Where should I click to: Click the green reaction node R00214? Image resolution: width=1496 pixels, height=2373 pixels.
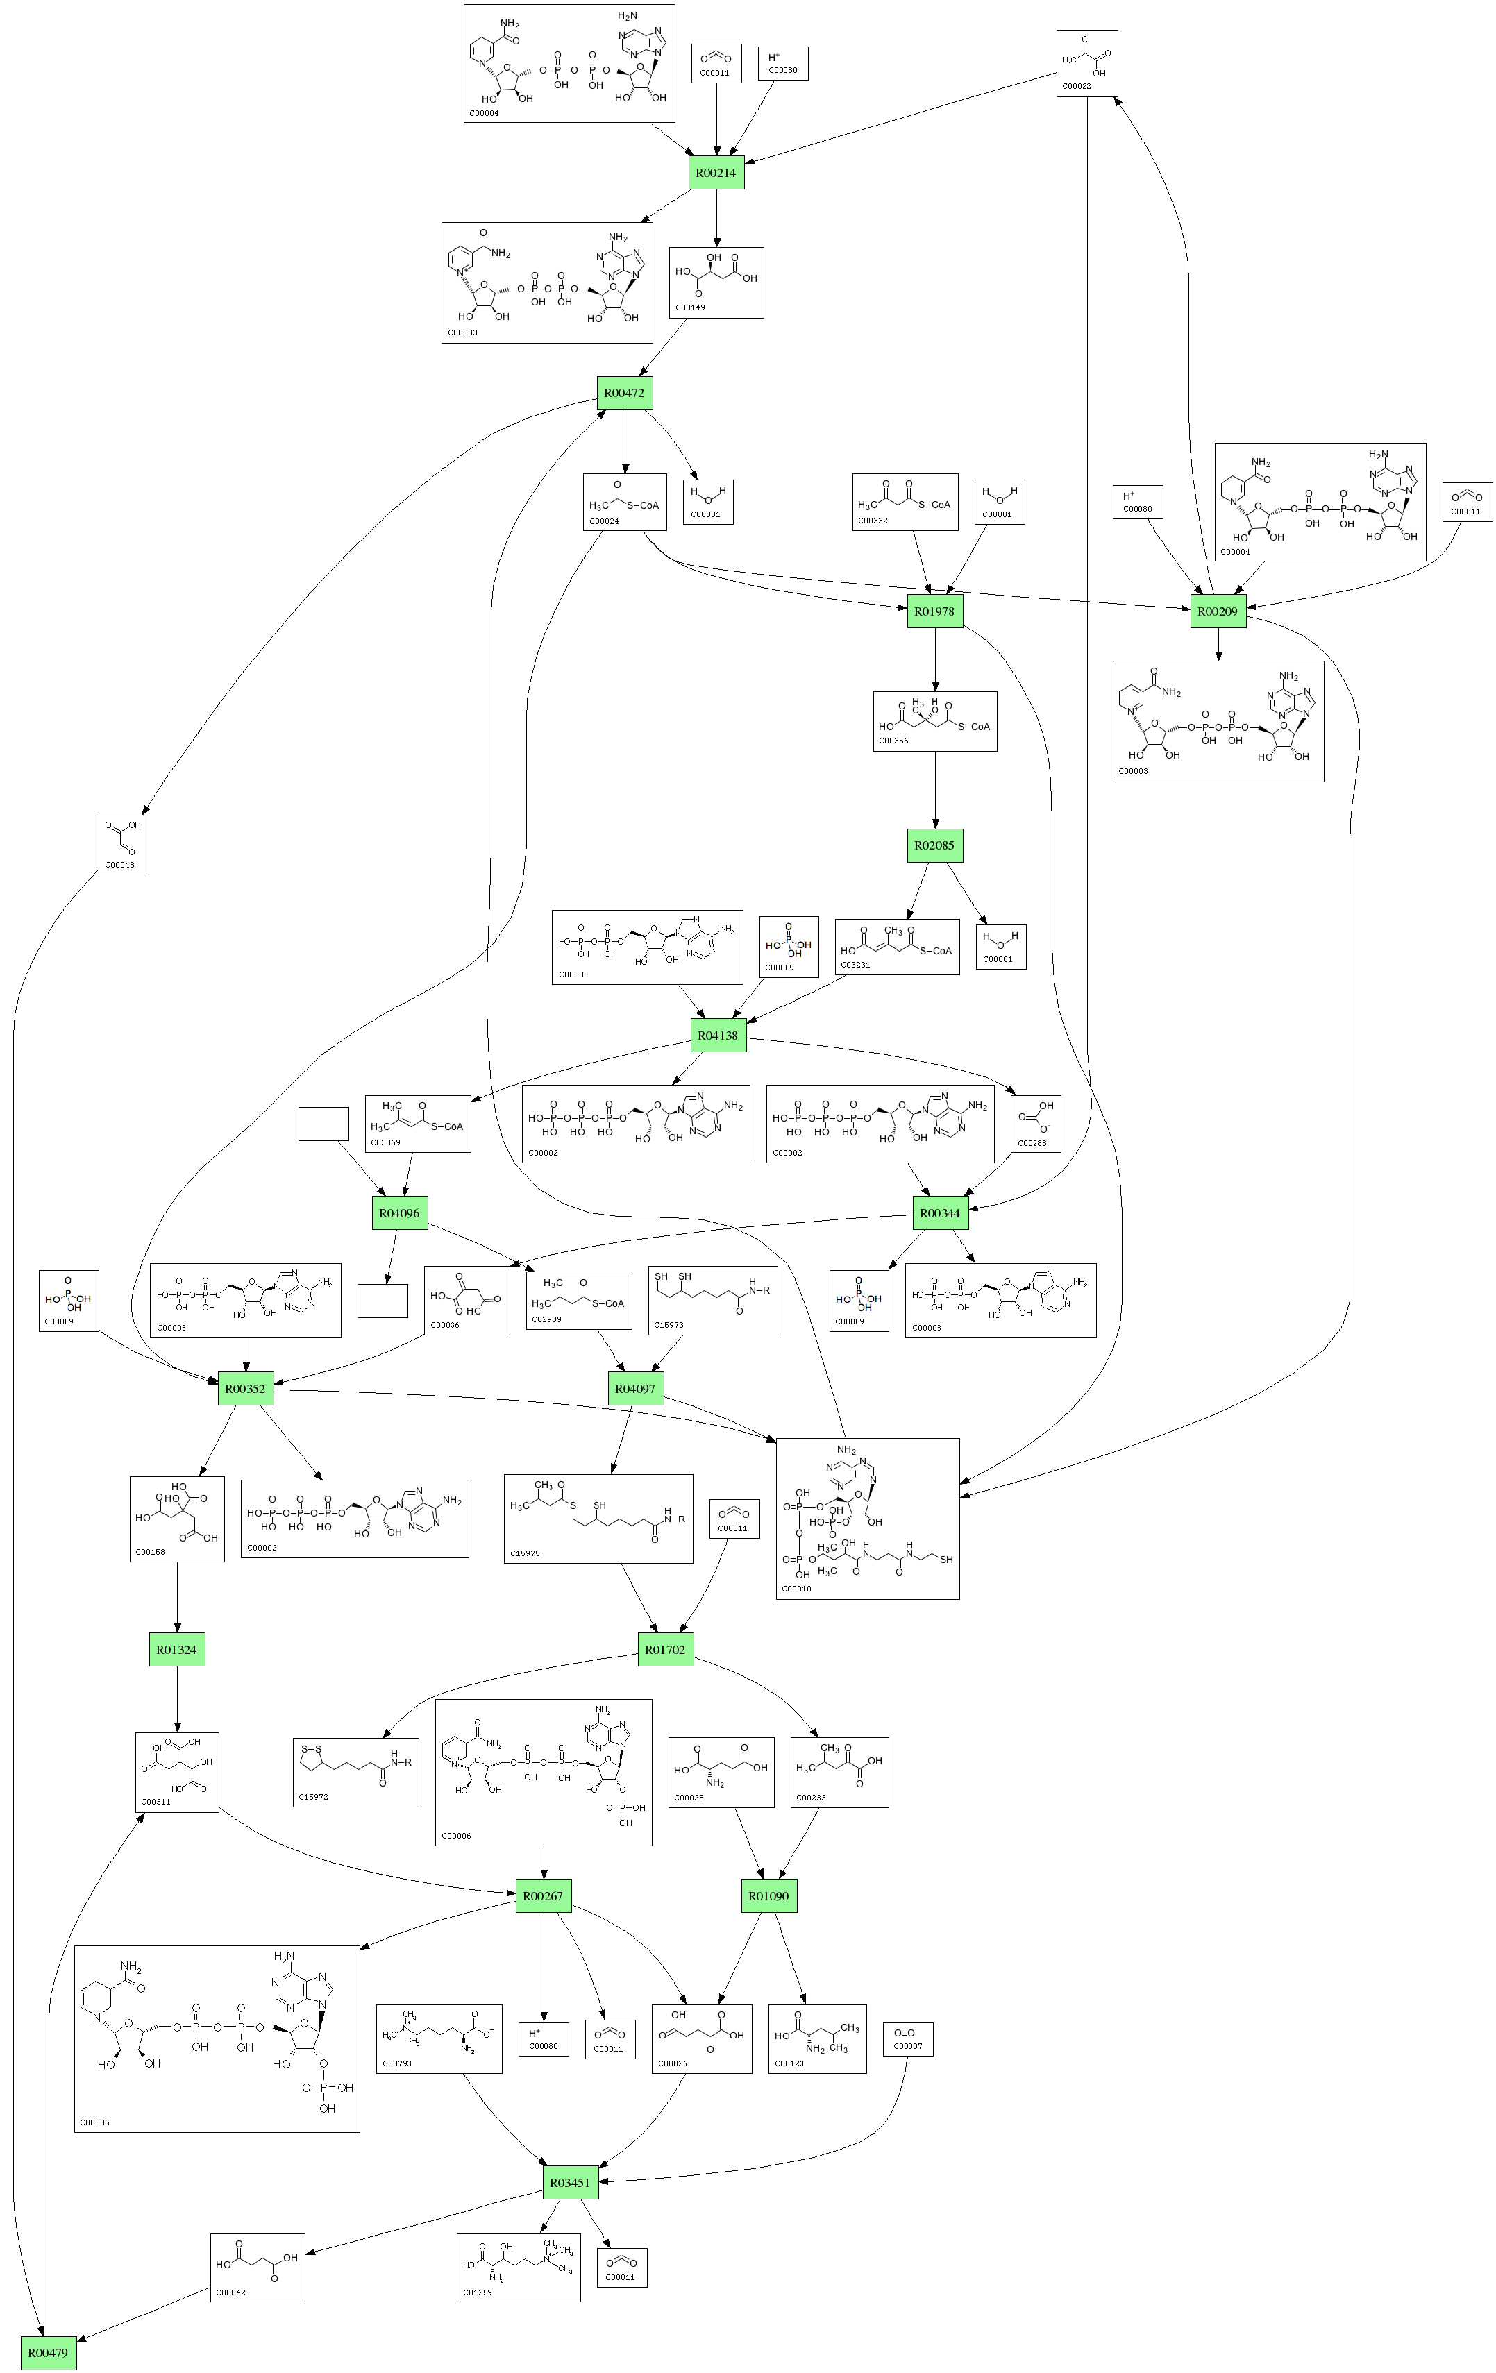pos(716,172)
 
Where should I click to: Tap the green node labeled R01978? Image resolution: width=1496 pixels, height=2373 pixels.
pos(934,611)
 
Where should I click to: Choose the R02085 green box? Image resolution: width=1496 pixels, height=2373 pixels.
pos(934,845)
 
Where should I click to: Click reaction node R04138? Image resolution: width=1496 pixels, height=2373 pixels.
pos(717,1036)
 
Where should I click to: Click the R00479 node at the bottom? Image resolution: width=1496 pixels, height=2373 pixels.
pos(47,2352)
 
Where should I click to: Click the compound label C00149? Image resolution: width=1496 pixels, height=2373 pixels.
pos(690,307)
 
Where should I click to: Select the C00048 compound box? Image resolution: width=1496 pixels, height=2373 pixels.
pos(123,845)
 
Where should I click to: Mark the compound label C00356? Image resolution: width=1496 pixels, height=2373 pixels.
pos(893,740)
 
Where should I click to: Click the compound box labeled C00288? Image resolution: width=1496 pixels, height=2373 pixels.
pos(1035,1124)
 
